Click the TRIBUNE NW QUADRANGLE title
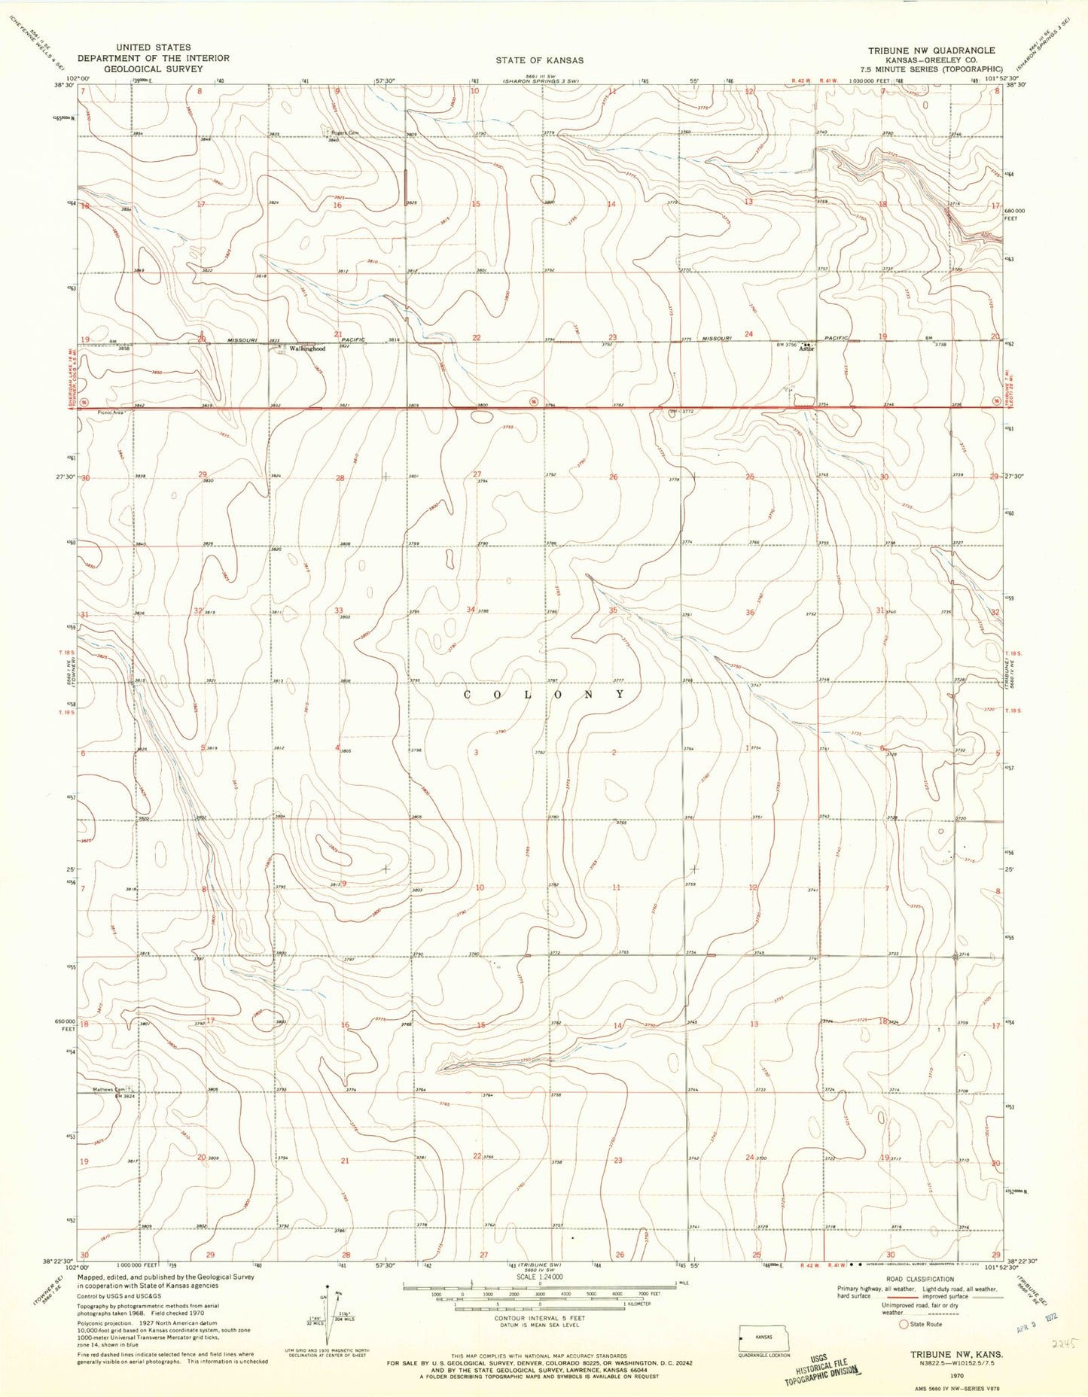click(x=931, y=50)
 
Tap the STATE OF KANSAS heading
click(x=539, y=60)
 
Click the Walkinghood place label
click(x=308, y=349)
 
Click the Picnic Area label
click(x=110, y=412)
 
